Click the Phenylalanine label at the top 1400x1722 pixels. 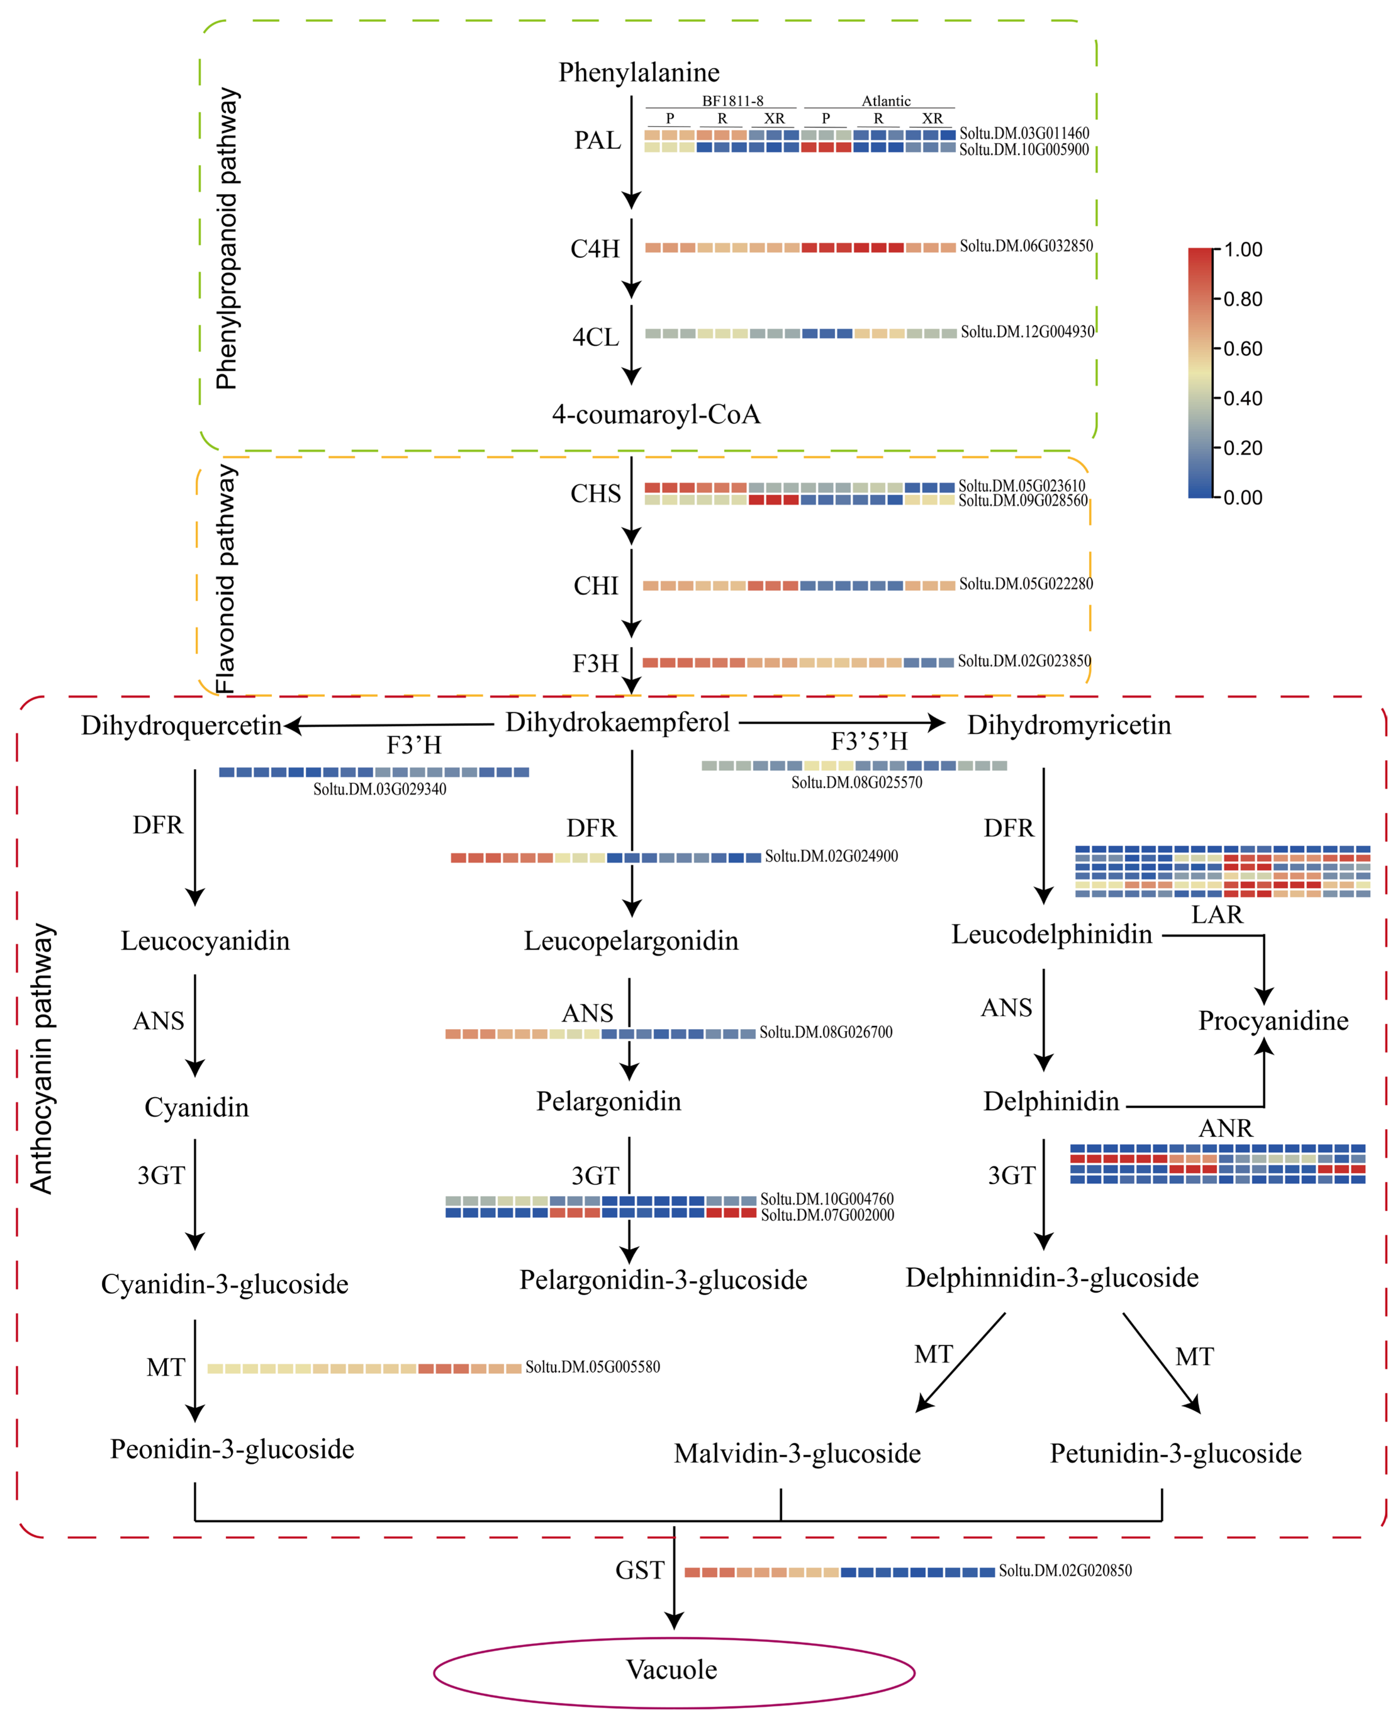coord(639,73)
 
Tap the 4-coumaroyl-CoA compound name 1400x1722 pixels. coord(656,415)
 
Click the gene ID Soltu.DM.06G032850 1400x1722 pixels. coord(1026,246)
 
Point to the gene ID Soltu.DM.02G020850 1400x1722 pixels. coord(1065,1570)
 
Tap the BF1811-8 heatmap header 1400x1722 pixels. coord(732,101)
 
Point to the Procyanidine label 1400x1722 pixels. coord(1273,1021)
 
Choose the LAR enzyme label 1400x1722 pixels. coord(1217,915)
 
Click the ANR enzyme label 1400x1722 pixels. coord(1225,1128)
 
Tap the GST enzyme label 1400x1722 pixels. coord(639,1570)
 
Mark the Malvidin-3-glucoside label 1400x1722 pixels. coord(797,1453)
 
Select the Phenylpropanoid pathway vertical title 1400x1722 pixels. coord(227,239)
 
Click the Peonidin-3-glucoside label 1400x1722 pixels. coord(232,1449)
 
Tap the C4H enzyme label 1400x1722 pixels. coord(595,249)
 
